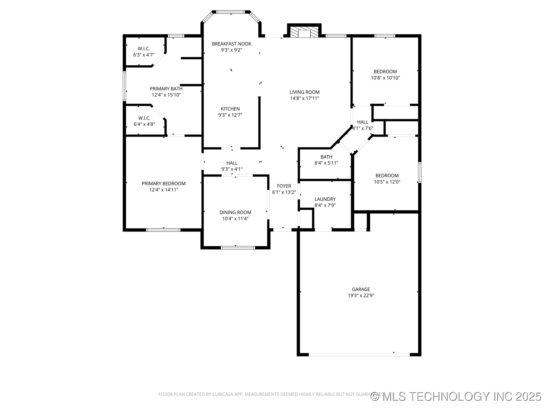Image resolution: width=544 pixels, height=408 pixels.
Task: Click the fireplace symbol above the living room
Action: tap(304, 32)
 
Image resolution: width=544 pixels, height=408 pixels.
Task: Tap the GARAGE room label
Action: tap(361, 289)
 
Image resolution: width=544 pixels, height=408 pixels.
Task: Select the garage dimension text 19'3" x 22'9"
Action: tap(361, 296)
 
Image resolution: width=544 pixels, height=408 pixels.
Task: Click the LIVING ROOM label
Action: tap(305, 92)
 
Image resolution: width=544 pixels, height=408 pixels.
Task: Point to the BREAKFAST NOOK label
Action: tap(231, 44)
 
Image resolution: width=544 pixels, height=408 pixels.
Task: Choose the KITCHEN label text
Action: tap(230, 109)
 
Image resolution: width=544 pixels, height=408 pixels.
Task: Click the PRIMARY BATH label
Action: tap(166, 89)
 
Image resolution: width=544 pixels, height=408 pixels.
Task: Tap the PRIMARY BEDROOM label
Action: tap(164, 184)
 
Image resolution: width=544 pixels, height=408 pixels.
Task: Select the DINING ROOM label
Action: tap(235, 212)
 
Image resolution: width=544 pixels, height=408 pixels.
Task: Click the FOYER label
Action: tap(284, 186)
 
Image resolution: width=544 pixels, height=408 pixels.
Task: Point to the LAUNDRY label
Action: tap(325, 199)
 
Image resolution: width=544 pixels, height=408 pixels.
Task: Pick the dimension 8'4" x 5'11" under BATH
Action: tap(326, 163)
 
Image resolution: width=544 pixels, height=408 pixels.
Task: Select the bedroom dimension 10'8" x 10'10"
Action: tap(385, 78)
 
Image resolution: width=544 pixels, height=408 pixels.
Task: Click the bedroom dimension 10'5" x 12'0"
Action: tap(387, 182)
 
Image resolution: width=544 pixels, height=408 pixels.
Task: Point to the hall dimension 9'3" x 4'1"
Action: tap(232, 169)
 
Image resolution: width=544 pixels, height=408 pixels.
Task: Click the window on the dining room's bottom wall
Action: tap(238, 248)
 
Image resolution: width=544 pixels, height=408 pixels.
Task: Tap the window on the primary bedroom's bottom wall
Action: tap(163, 230)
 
